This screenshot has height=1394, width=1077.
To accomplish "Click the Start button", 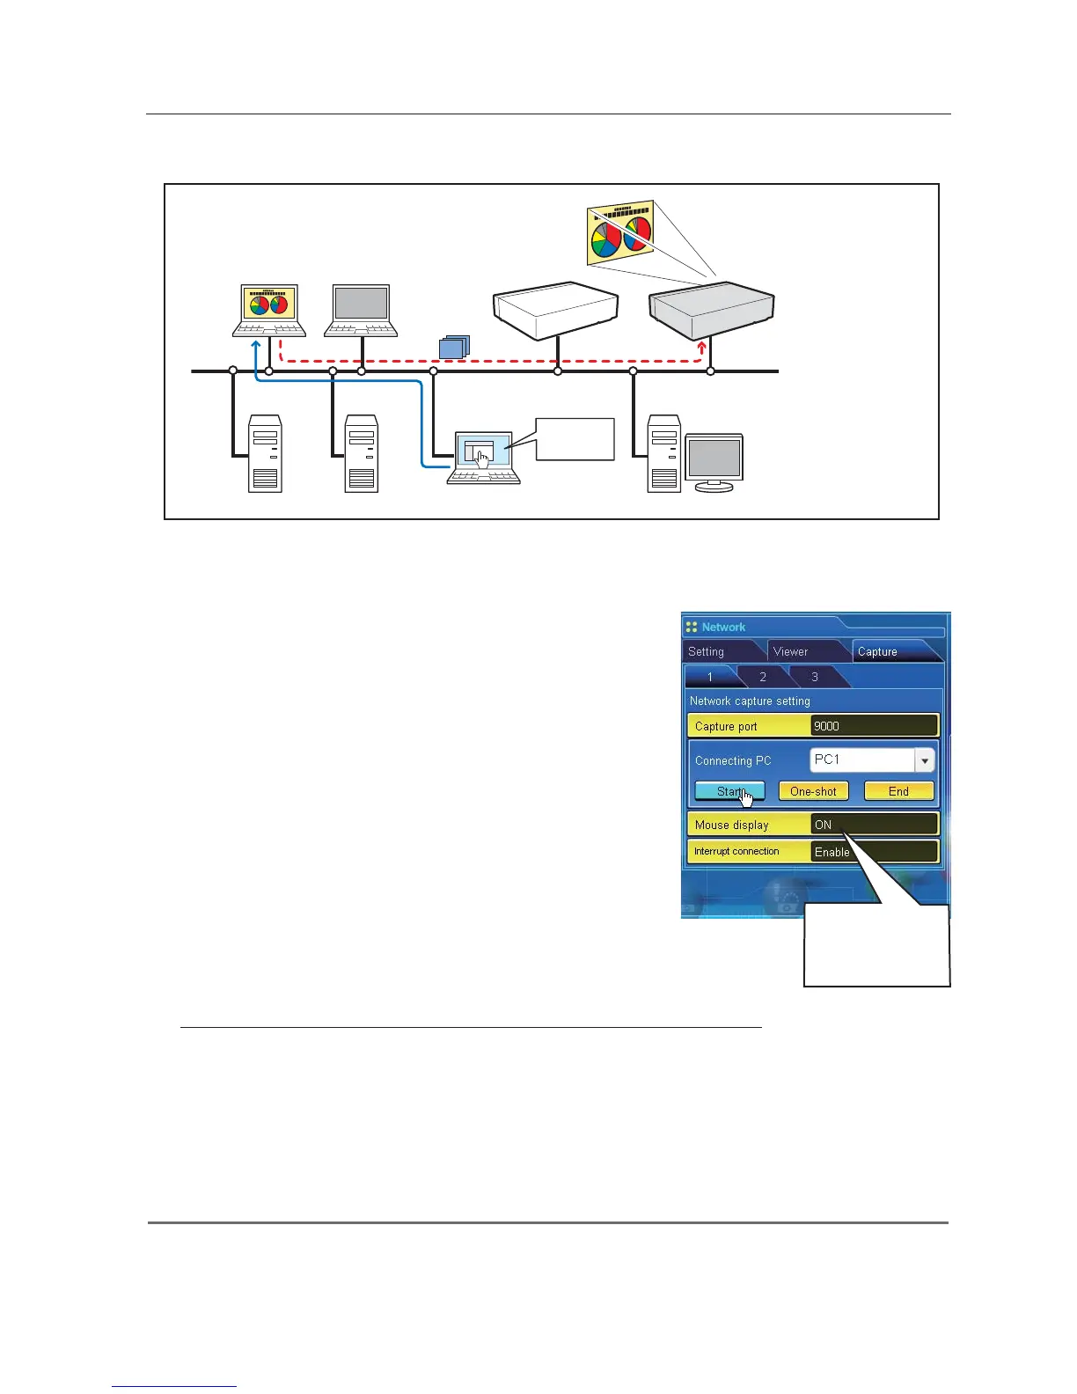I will click(x=729, y=791).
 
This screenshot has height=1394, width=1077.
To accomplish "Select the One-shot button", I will click(x=813, y=791).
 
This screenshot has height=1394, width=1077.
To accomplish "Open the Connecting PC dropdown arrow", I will click(x=924, y=760).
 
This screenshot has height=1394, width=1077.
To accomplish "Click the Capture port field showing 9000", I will click(x=874, y=726).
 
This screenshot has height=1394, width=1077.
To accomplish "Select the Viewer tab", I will click(x=790, y=651).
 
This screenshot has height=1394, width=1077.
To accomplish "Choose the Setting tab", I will click(x=707, y=651).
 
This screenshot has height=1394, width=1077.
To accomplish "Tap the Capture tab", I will click(x=877, y=651).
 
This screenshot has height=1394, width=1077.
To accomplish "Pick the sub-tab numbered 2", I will click(x=763, y=677).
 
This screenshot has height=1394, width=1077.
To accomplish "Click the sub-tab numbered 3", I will click(x=815, y=677).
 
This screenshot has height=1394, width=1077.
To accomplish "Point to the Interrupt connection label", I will click(x=737, y=851).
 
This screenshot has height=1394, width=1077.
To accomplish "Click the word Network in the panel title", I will click(x=723, y=627).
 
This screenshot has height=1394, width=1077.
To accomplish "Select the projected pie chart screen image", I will click(x=619, y=231).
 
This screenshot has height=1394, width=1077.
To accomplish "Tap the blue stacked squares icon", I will click(x=454, y=348).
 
